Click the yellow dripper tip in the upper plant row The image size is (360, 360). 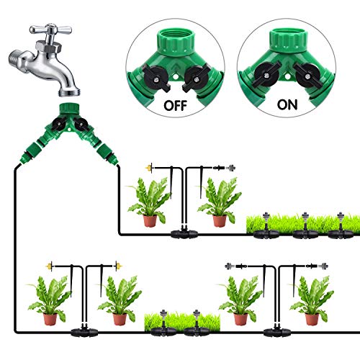[148, 166]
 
